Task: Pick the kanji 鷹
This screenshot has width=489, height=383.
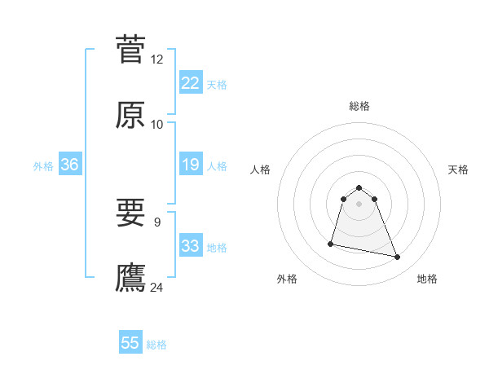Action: pos(130,277)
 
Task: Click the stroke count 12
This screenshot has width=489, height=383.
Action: pos(157,59)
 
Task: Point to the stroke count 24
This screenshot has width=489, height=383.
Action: pos(157,287)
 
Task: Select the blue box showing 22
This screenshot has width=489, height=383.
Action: pos(191,83)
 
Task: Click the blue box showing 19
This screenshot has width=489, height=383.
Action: pos(191,165)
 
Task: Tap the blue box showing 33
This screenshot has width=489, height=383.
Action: pos(191,246)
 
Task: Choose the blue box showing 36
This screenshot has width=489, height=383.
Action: pos(70,165)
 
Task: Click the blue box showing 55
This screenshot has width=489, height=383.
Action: pos(130,343)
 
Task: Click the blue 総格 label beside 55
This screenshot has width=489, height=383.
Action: pos(156,345)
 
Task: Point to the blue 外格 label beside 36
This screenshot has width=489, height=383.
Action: pos(43,166)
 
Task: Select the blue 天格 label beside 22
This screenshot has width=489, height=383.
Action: pos(217,85)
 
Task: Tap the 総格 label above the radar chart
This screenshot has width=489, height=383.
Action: pos(359,106)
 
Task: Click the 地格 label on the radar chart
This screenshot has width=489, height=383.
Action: pos(427,279)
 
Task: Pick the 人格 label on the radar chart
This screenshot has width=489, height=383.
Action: pos(261,169)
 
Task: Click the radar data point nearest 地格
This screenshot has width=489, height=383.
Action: pos(398,258)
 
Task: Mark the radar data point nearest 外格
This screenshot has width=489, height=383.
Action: pos(331,244)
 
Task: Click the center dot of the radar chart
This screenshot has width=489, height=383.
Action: pos(359,203)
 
